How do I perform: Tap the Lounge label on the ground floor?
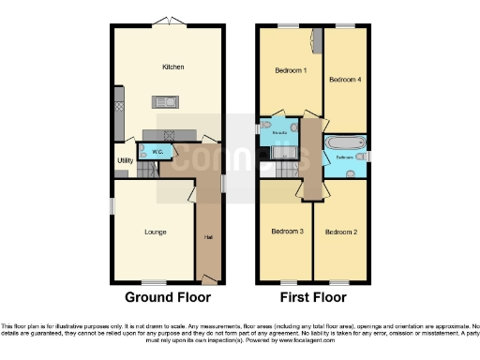(155, 231)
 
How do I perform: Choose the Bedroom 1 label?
(290, 71)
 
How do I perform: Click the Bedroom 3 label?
(286, 231)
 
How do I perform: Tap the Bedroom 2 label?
(339, 231)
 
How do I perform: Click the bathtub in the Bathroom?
(345, 143)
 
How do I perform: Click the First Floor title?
(313, 297)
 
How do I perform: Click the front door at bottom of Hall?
(207, 280)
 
